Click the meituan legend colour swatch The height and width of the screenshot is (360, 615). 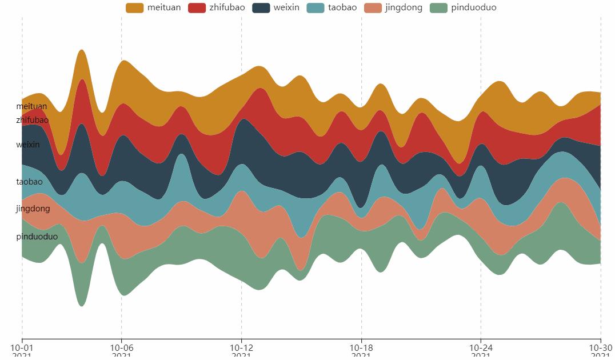pos(134,7)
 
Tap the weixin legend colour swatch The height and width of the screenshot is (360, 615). pos(261,7)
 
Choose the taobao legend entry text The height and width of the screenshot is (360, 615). pos(342,7)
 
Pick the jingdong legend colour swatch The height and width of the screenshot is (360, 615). pos(373,7)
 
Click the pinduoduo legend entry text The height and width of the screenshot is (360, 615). pos(473,7)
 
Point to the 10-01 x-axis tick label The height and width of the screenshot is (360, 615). pos(22,347)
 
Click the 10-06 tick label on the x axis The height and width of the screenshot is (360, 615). pos(121,347)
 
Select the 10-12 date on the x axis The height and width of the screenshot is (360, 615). pos(241,347)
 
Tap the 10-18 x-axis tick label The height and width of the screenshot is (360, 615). pos(361,347)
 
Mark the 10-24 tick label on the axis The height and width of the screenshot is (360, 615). pos(481,347)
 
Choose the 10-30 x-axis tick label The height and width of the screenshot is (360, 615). pos(600,347)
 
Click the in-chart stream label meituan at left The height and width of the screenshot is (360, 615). pos(31,106)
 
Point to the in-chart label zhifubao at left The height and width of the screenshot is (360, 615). pos(32,120)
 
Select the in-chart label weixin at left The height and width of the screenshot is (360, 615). pos(28,145)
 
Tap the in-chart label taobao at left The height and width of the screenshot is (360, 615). pos(29,182)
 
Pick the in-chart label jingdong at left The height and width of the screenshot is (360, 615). pos(33,209)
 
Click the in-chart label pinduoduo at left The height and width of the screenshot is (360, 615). pos(37,237)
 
